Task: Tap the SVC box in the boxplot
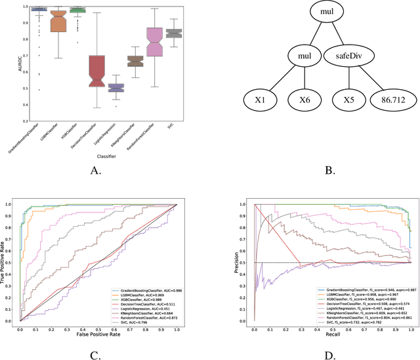pos(174,33)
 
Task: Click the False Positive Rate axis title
pos(98,335)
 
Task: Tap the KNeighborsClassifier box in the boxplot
pos(135,61)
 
